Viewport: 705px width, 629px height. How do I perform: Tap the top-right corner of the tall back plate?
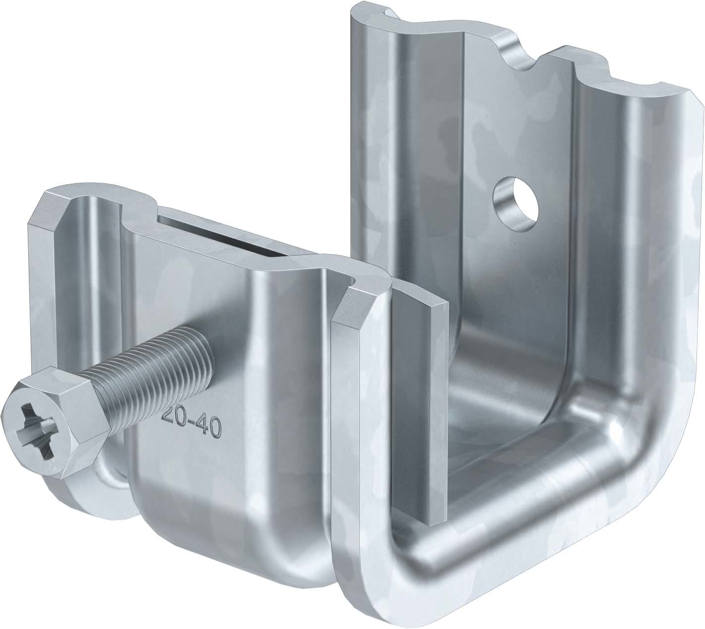click(691, 97)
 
